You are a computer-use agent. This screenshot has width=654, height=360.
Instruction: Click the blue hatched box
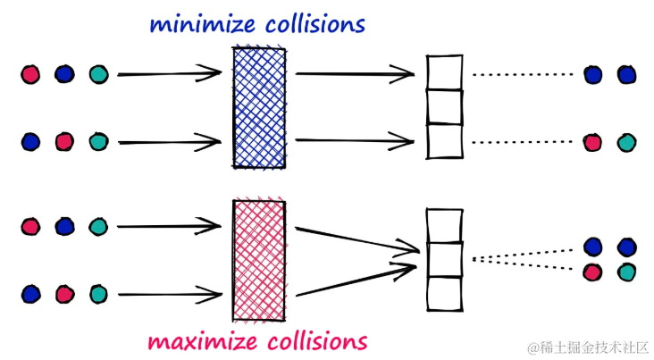point(260,107)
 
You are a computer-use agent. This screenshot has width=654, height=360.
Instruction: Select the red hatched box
point(259,260)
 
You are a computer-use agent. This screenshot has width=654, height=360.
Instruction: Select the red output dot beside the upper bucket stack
point(592,141)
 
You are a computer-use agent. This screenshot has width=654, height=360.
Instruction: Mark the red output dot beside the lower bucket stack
point(592,271)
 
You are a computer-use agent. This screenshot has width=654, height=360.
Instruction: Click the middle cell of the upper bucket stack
point(444,107)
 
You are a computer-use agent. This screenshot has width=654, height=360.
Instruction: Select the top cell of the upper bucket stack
point(444,73)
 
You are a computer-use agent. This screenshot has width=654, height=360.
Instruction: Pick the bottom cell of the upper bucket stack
point(444,141)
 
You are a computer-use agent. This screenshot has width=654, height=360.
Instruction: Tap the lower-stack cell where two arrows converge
point(444,260)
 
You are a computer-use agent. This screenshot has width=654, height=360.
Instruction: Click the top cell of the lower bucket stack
point(444,225)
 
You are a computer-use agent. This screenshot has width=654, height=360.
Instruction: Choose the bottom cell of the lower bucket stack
point(444,294)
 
